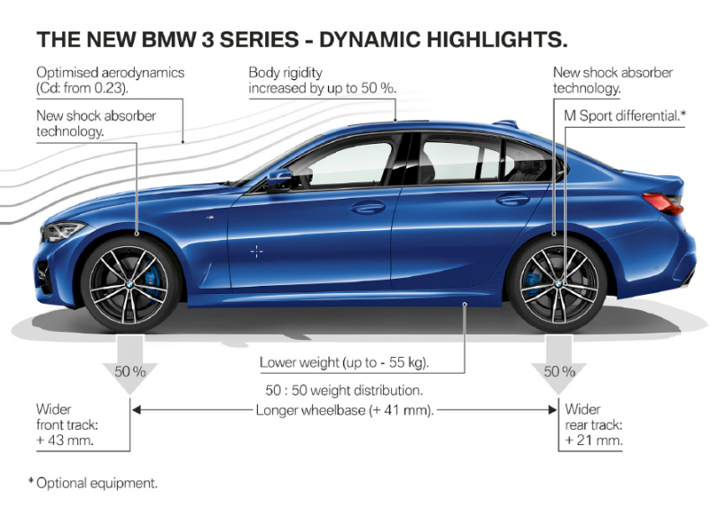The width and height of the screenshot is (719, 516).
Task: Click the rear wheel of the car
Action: [556, 282]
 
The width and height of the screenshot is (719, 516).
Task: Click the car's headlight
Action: [65, 231]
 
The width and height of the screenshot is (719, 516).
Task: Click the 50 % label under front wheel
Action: [130, 370]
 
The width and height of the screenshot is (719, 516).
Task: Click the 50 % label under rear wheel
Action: [558, 370]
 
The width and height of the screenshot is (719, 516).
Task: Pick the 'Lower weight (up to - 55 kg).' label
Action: [344, 363]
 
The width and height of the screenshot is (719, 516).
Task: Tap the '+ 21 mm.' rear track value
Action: [594, 441]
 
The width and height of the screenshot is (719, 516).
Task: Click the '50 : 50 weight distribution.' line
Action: [344, 392]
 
